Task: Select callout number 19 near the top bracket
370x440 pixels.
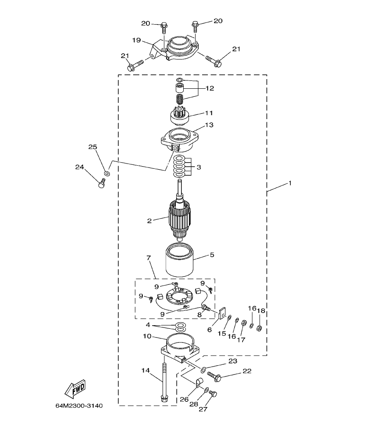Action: (x=136, y=40)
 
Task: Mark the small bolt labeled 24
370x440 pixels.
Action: (x=103, y=183)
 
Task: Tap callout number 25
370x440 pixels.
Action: (x=92, y=147)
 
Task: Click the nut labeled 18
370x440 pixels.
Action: (x=259, y=328)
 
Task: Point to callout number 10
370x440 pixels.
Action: (x=147, y=336)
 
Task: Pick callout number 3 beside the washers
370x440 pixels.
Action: (x=199, y=167)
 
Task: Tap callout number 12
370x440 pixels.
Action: (x=209, y=88)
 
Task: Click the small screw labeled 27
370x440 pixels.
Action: (x=214, y=394)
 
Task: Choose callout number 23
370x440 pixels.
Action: (x=232, y=361)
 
